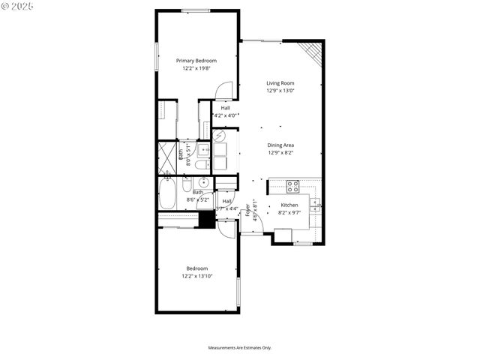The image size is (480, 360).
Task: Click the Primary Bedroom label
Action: click(x=196, y=61)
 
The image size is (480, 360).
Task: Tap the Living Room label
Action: click(x=280, y=83)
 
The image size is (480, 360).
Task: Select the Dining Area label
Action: click(x=280, y=145)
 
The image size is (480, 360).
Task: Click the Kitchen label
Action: click(x=290, y=205)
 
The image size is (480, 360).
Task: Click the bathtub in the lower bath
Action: click(x=167, y=194)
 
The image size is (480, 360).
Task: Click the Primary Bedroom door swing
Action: click(x=223, y=91)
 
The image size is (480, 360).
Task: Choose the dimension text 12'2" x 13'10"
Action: click(x=196, y=276)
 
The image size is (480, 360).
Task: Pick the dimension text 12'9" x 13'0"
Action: click(x=280, y=91)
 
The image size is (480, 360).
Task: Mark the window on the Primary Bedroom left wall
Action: click(x=156, y=58)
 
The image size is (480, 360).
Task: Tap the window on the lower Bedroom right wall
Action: click(x=238, y=292)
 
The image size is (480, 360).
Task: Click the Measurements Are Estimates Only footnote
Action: click(x=240, y=348)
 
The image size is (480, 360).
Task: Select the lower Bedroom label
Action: click(x=196, y=268)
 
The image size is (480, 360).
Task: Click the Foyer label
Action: click(x=248, y=209)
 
